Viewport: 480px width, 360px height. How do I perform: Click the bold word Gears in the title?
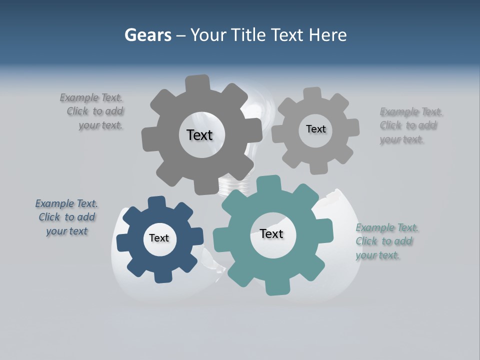(147, 35)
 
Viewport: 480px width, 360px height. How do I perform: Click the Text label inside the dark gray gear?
(199, 135)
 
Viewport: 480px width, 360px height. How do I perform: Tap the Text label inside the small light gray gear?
(315, 129)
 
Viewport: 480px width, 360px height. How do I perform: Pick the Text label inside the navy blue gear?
(159, 238)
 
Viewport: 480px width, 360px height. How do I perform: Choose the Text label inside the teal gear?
(271, 234)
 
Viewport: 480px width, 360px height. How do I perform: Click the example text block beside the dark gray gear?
(95, 111)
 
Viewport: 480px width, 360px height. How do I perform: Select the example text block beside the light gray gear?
(410, 125)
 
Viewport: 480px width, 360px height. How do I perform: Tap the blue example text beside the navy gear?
(66, 217)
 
